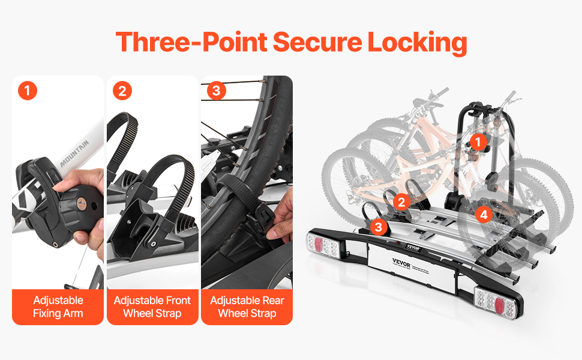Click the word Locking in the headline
point(417,43)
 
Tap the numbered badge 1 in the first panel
point(28,91)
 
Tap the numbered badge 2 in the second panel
point(122,91)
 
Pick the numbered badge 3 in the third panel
point(217,91)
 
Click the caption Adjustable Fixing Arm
point(58,307)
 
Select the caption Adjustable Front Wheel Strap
point(152,307)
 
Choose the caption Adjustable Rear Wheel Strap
point(247,307)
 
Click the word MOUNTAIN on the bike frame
point(74,153)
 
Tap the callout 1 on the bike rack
point(478,142)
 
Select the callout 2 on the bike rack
point(401,202)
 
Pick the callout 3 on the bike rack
point(378,227)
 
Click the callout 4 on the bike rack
point(484,214)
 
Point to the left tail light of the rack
point(323,245)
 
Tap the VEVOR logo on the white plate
point(401,263)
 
